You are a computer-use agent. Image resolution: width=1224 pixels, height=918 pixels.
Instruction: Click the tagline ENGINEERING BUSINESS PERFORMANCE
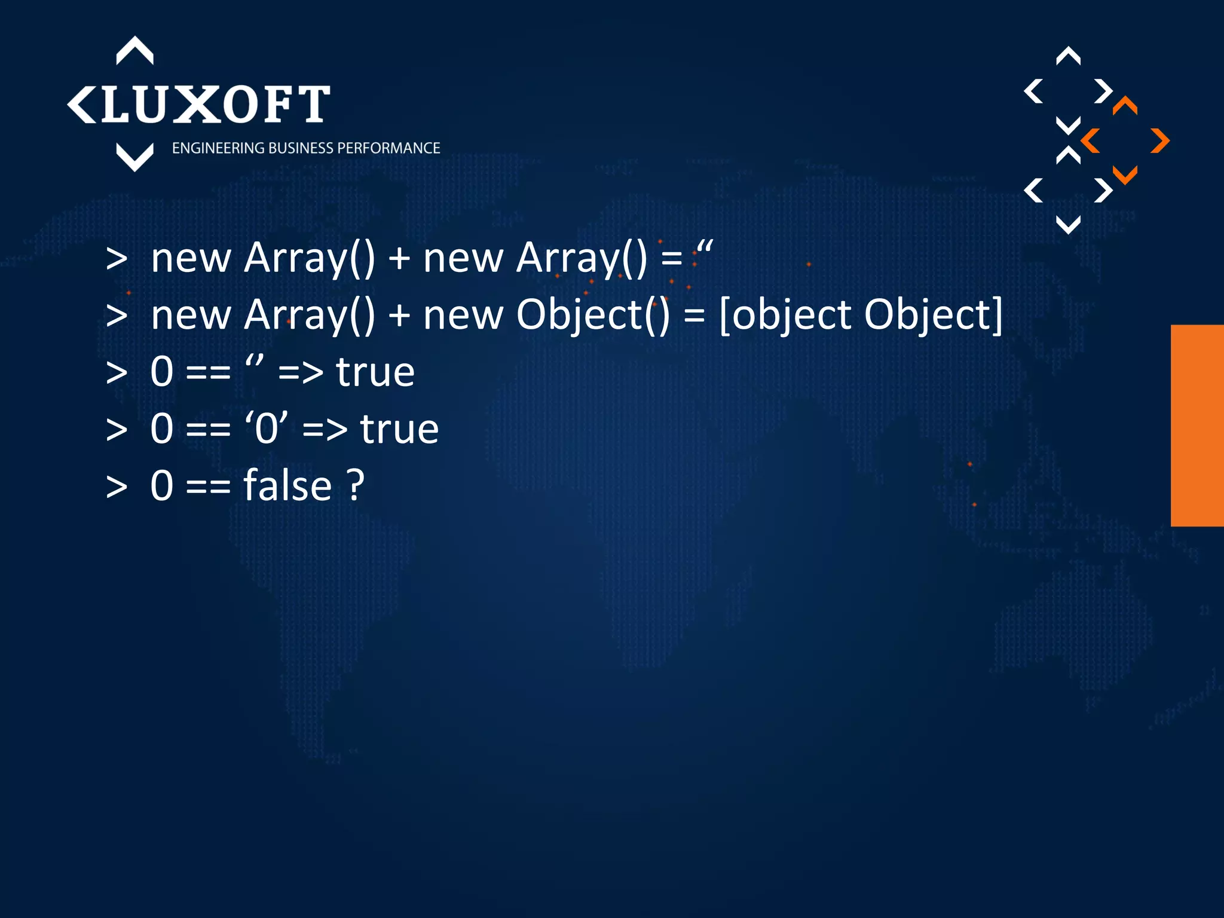[x=305, y=148]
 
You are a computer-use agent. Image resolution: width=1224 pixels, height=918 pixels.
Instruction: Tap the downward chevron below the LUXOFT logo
[x=134, y=157]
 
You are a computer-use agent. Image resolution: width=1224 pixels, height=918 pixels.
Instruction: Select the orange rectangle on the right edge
[x=1197, y=425]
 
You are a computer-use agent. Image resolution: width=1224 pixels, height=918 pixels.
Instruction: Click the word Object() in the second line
[x=592, y=315]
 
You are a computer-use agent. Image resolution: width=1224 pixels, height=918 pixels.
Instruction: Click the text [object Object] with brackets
[x=860, y=315]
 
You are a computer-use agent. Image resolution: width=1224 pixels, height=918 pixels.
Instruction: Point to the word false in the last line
[x=287, y=485]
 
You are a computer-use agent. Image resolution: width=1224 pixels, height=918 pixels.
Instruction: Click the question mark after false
[x=356, y=485]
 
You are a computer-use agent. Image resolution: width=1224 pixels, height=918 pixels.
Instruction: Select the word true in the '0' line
[x=399, y=429]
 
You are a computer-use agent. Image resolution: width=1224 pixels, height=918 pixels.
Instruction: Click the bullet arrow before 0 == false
[x=117, y=486]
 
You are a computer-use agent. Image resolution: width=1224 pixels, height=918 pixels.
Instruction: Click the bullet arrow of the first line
[x=117, y=259]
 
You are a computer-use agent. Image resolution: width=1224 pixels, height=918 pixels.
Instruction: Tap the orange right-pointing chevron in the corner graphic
[x=1160, y=141]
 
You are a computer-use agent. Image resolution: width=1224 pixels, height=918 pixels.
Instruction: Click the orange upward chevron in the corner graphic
[x=1125, y=105]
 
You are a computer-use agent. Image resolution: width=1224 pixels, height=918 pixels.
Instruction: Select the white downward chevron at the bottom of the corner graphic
[x=1068, y=225]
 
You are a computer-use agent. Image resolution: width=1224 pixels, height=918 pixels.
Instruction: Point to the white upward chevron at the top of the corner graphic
[x=1068, y=56]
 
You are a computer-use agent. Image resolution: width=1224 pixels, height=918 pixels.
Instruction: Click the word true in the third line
[x=375, y=372]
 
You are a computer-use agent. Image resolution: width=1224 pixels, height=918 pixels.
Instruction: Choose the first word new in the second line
[x=191, y=315]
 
